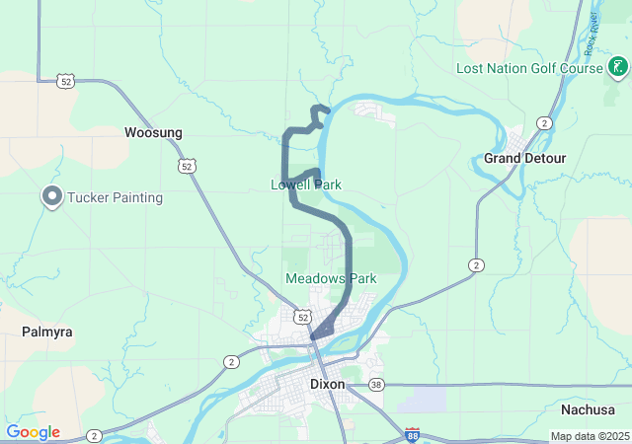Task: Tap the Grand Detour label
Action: click(524, 158)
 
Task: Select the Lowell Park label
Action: click(306, 185)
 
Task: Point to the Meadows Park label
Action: click(331, 278)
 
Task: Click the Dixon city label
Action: click(328, 384)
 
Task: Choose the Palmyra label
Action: click(47, 332)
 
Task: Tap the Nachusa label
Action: click(588, 409)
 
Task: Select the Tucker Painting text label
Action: click(115, 197)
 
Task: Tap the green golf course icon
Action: click(617, 68)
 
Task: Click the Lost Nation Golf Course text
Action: click(529, 68)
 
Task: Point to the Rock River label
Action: click(591, 35)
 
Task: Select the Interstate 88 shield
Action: click(411, 434)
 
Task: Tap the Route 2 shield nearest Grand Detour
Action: click(544, 122)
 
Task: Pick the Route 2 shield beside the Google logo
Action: click(93, 434)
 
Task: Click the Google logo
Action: click(33, 432)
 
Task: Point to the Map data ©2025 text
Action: click(589, 436)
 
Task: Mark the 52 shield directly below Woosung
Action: click(187, 166)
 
